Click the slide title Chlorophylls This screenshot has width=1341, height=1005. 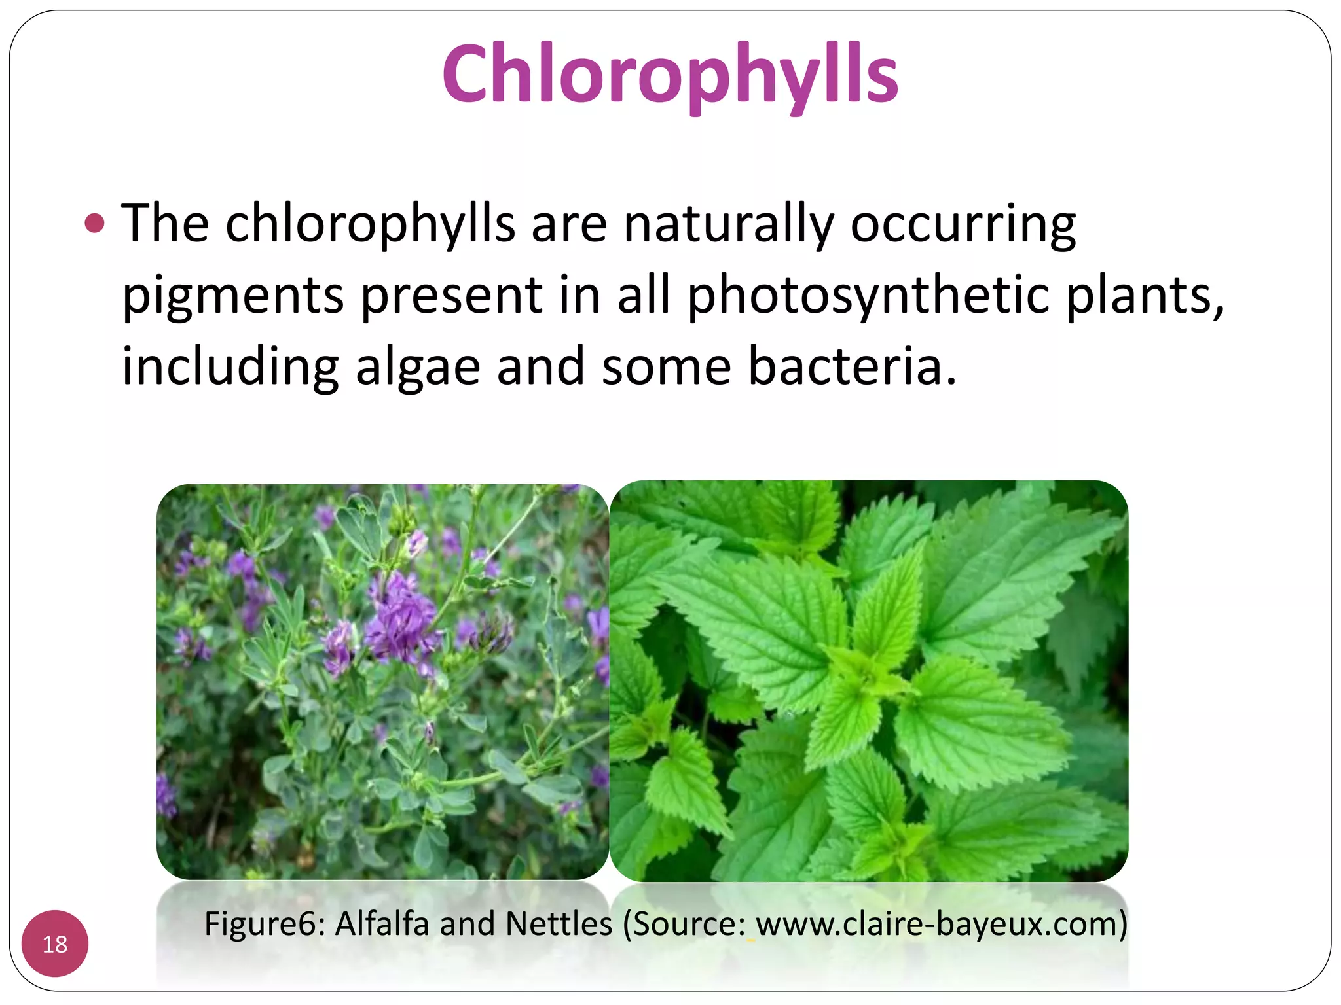[x=670, y=73]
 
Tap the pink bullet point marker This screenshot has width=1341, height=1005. [x=95, y=224]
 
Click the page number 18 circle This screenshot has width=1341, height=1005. [x=55, y=943]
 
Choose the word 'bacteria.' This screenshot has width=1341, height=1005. [x=852, y=366]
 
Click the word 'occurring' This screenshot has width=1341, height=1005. [x=963, y=224]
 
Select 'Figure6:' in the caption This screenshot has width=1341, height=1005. [x=265, y=924]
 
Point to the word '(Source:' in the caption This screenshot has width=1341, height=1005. [x=684, y=924]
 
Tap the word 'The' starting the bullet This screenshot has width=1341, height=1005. [x=165, y=224]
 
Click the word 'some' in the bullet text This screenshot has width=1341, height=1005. [x=666, y=366]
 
